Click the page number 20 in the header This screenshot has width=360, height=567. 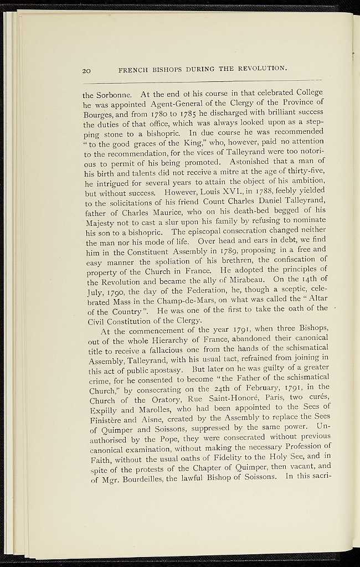(x=86, y=70)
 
